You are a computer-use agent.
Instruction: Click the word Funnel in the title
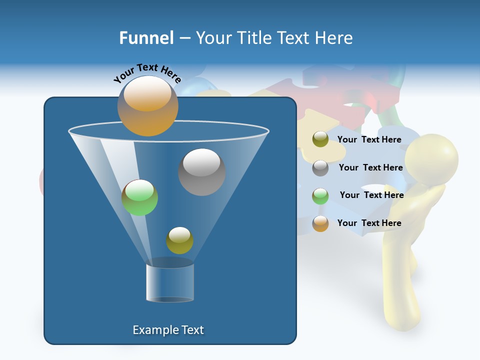(x=146, y=38)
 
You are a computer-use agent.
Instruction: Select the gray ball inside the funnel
(x=201, y=171)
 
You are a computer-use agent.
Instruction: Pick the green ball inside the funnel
(x=139, y=197)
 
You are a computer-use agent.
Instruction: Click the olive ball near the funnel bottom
(x=179, y=240)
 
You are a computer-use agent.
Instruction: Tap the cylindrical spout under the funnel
(x=170, y=282)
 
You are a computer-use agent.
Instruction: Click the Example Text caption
(x=168, y=330)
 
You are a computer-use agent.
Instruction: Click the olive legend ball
(x=320, y=139)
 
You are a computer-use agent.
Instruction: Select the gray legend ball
(x=320, y=167)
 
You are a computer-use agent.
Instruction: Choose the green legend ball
(x=320, y=195)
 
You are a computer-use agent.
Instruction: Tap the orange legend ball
(x=320, y=223)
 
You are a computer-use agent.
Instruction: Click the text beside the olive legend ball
(x=369, y=139)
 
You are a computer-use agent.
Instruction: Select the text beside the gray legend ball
(x=370, y=167)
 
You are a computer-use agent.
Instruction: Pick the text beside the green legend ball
(x=371, y=195)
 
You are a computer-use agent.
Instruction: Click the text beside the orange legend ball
(x=369, y=223)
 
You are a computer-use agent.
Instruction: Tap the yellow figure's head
(x=431, y=158)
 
